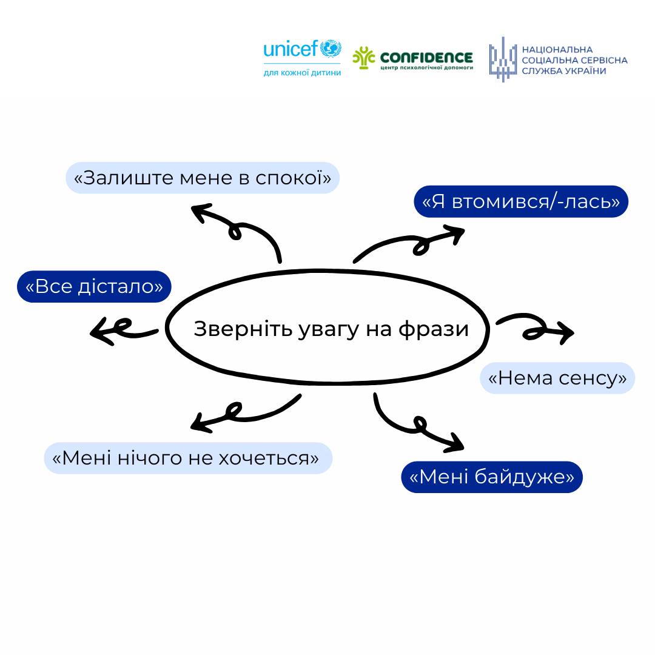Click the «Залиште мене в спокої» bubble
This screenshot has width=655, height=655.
[202, 178]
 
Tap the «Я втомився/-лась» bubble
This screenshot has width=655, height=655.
[521, 201]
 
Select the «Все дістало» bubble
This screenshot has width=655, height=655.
[94, 286]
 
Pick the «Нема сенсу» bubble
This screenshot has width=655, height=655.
[557, 378]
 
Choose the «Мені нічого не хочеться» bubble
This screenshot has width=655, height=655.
[188, 458]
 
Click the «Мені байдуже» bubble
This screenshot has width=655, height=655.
[492, 477]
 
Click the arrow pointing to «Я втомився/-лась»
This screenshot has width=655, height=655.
[412, 243]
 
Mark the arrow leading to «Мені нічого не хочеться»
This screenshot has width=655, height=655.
[243, 412]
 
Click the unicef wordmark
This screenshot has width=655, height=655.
[292, 49]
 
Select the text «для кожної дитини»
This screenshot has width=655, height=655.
[302, 73]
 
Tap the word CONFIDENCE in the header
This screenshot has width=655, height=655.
[426, 57]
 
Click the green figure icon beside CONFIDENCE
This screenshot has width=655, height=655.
[364, 58]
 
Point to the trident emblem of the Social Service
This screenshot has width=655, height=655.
[501, 59]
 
